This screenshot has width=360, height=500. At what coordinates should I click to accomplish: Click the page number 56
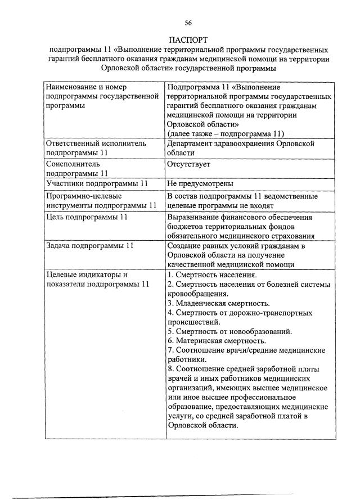tap(188, 22)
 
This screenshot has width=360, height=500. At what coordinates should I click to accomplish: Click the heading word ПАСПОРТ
tap(188, 40)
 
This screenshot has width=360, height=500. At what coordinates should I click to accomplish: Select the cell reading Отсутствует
tap(188, 165)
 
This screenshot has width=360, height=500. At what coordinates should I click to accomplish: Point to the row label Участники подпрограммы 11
tap(96, 184)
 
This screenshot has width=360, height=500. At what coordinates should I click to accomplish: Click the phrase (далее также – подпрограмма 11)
tap(225, 133)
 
